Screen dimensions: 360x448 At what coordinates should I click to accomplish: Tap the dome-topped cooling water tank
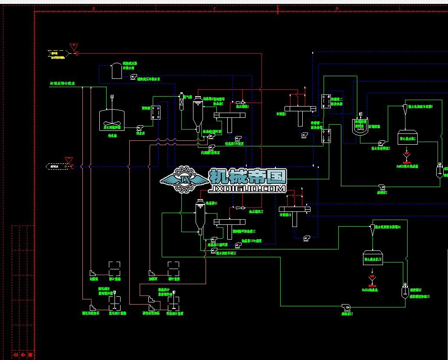point(116,70)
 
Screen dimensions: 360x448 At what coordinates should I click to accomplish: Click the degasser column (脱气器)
point(182,103)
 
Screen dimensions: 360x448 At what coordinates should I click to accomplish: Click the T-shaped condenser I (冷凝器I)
point(300,111)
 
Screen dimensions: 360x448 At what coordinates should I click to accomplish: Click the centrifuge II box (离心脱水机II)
point(373,259)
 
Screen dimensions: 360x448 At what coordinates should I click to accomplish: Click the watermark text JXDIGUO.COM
point(247,189)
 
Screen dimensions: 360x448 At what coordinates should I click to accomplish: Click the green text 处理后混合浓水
point(63,83)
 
